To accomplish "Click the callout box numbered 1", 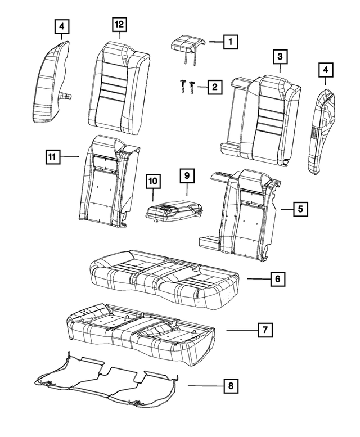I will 230,42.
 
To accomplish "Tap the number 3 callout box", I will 280,57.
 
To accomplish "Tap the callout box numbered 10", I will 152,181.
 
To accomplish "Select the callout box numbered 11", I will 53,157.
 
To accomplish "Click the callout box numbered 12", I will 119,25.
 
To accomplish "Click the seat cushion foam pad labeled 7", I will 141,332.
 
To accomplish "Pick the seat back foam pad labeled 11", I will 107,183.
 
